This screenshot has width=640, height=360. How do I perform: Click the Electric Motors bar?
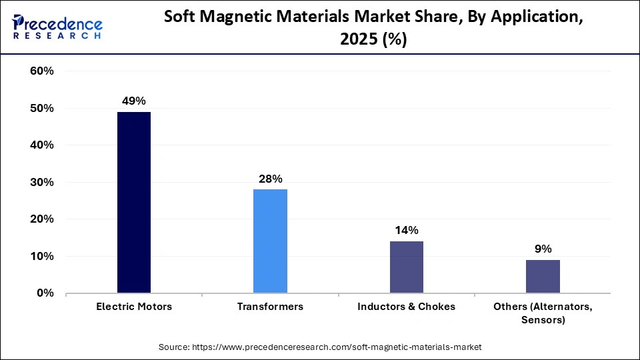(133, 203)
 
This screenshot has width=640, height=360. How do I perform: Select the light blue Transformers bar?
(270, 241)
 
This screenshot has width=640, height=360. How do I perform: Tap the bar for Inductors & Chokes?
(406, 267)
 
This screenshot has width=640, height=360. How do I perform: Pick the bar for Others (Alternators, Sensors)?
(543, 276)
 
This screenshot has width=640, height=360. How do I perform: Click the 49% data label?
(133, 101)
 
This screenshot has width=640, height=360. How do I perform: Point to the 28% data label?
(270, 179)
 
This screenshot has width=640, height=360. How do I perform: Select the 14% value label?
(406, 230)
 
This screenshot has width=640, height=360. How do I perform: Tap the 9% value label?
(543, 249)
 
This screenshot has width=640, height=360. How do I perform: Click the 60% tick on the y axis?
(42, 71)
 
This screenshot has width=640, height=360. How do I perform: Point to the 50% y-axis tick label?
(42, 108)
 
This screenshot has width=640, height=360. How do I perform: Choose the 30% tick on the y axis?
(42, 182)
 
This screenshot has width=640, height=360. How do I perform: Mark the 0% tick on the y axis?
(45, 293)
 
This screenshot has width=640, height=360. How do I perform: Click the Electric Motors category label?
(133, 307)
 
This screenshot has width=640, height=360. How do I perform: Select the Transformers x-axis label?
(270, 307)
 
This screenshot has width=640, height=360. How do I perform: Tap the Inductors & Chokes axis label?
(406, 307)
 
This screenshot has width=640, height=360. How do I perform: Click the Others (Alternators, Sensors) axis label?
(543, 313)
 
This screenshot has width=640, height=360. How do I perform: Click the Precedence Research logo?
(57, 27)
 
